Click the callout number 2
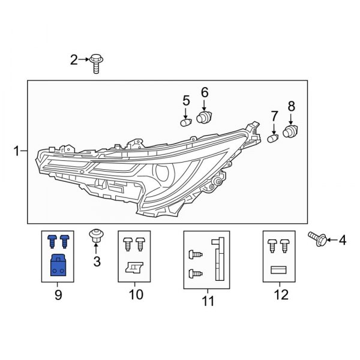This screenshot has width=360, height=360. tap(74, 59)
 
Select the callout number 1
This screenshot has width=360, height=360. tap(17, 152)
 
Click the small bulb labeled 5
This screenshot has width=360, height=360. tap(185, 122)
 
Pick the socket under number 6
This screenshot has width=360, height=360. tap(204, 117)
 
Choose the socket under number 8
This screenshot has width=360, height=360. tap(291, 131)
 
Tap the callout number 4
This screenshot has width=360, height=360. tap(343, 241)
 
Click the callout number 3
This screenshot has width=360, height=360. tap(97, 262)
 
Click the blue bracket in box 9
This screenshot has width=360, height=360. tap(58, 264)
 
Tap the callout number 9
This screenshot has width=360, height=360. tap(58, 295)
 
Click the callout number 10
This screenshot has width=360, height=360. tap(136, 295)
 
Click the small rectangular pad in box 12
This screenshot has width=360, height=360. tap(280, 270)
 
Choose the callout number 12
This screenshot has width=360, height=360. tap(280, 295)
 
